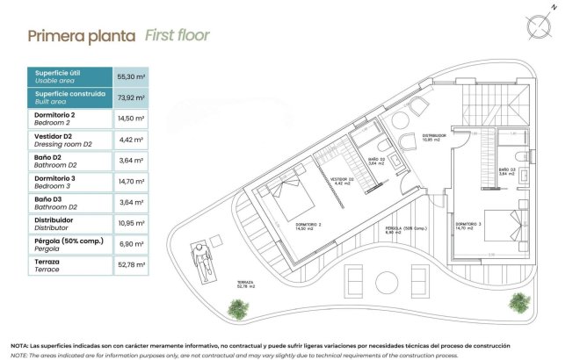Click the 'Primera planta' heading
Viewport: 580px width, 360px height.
[81, 36]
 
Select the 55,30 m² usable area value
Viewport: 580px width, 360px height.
[131, 76]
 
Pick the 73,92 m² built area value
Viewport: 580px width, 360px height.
[131, 97]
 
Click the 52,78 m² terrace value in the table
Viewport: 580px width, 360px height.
[131, 266]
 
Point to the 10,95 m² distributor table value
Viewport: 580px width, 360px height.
[131, 224]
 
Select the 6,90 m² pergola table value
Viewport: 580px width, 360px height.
[131, 245]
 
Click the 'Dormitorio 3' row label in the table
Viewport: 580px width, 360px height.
[54, 181]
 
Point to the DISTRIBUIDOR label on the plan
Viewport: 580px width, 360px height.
[434, 136]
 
